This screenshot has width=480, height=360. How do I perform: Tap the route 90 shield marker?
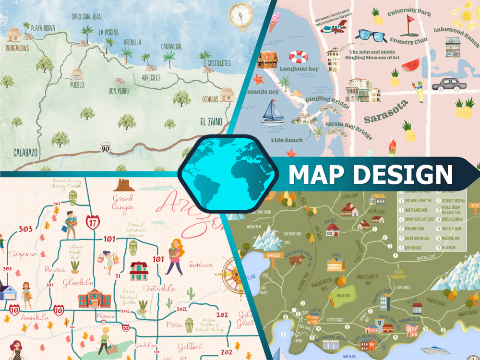coord(105,148)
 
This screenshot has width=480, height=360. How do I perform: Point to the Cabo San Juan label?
coord(86,16)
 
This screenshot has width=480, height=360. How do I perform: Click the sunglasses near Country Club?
coord(371,36)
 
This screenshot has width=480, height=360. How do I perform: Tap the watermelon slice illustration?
coord(410,65)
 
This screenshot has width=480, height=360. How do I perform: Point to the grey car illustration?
coord(449,84)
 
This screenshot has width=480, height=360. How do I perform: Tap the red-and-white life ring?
coord(298,57)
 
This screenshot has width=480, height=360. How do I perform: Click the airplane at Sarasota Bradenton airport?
coord(334,26)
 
